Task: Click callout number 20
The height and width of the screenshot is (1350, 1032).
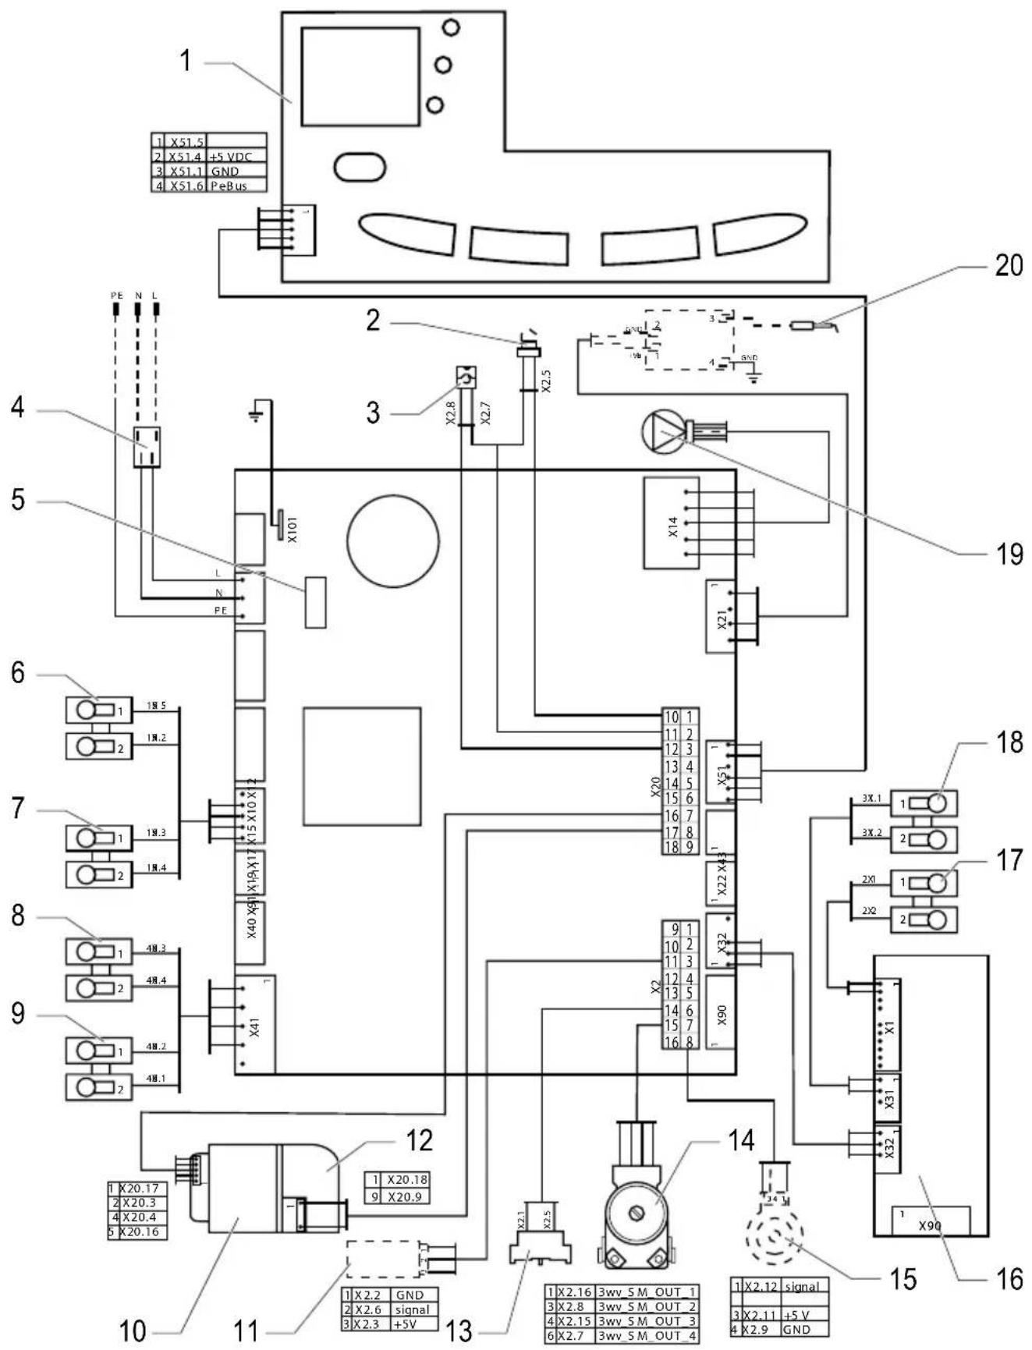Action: (x=1008, y=266)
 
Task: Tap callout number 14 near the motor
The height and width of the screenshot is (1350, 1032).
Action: (x=741, y=1140)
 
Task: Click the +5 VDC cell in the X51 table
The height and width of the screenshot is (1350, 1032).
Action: (x=237, y=157)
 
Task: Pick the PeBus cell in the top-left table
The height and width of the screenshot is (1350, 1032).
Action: (x=237, y=186)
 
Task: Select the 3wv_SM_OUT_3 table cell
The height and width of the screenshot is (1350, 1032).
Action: (x=647, y=1321)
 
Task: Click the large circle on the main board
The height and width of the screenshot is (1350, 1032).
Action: (x=393, y=540)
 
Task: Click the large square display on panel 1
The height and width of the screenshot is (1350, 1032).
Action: (x=360, y=76)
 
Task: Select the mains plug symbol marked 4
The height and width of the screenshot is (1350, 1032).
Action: (x=146, y=447)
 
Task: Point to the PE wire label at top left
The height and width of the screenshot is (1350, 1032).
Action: (x=116, y=296)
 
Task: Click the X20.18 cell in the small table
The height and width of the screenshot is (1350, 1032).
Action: (x=407, y=1180)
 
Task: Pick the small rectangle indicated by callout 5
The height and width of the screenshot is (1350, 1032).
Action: (x=315, y=602)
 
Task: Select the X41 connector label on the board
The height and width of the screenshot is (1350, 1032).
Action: (x=254, y=1028)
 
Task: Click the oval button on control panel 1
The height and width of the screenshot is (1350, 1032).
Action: (x=360, y=166)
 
